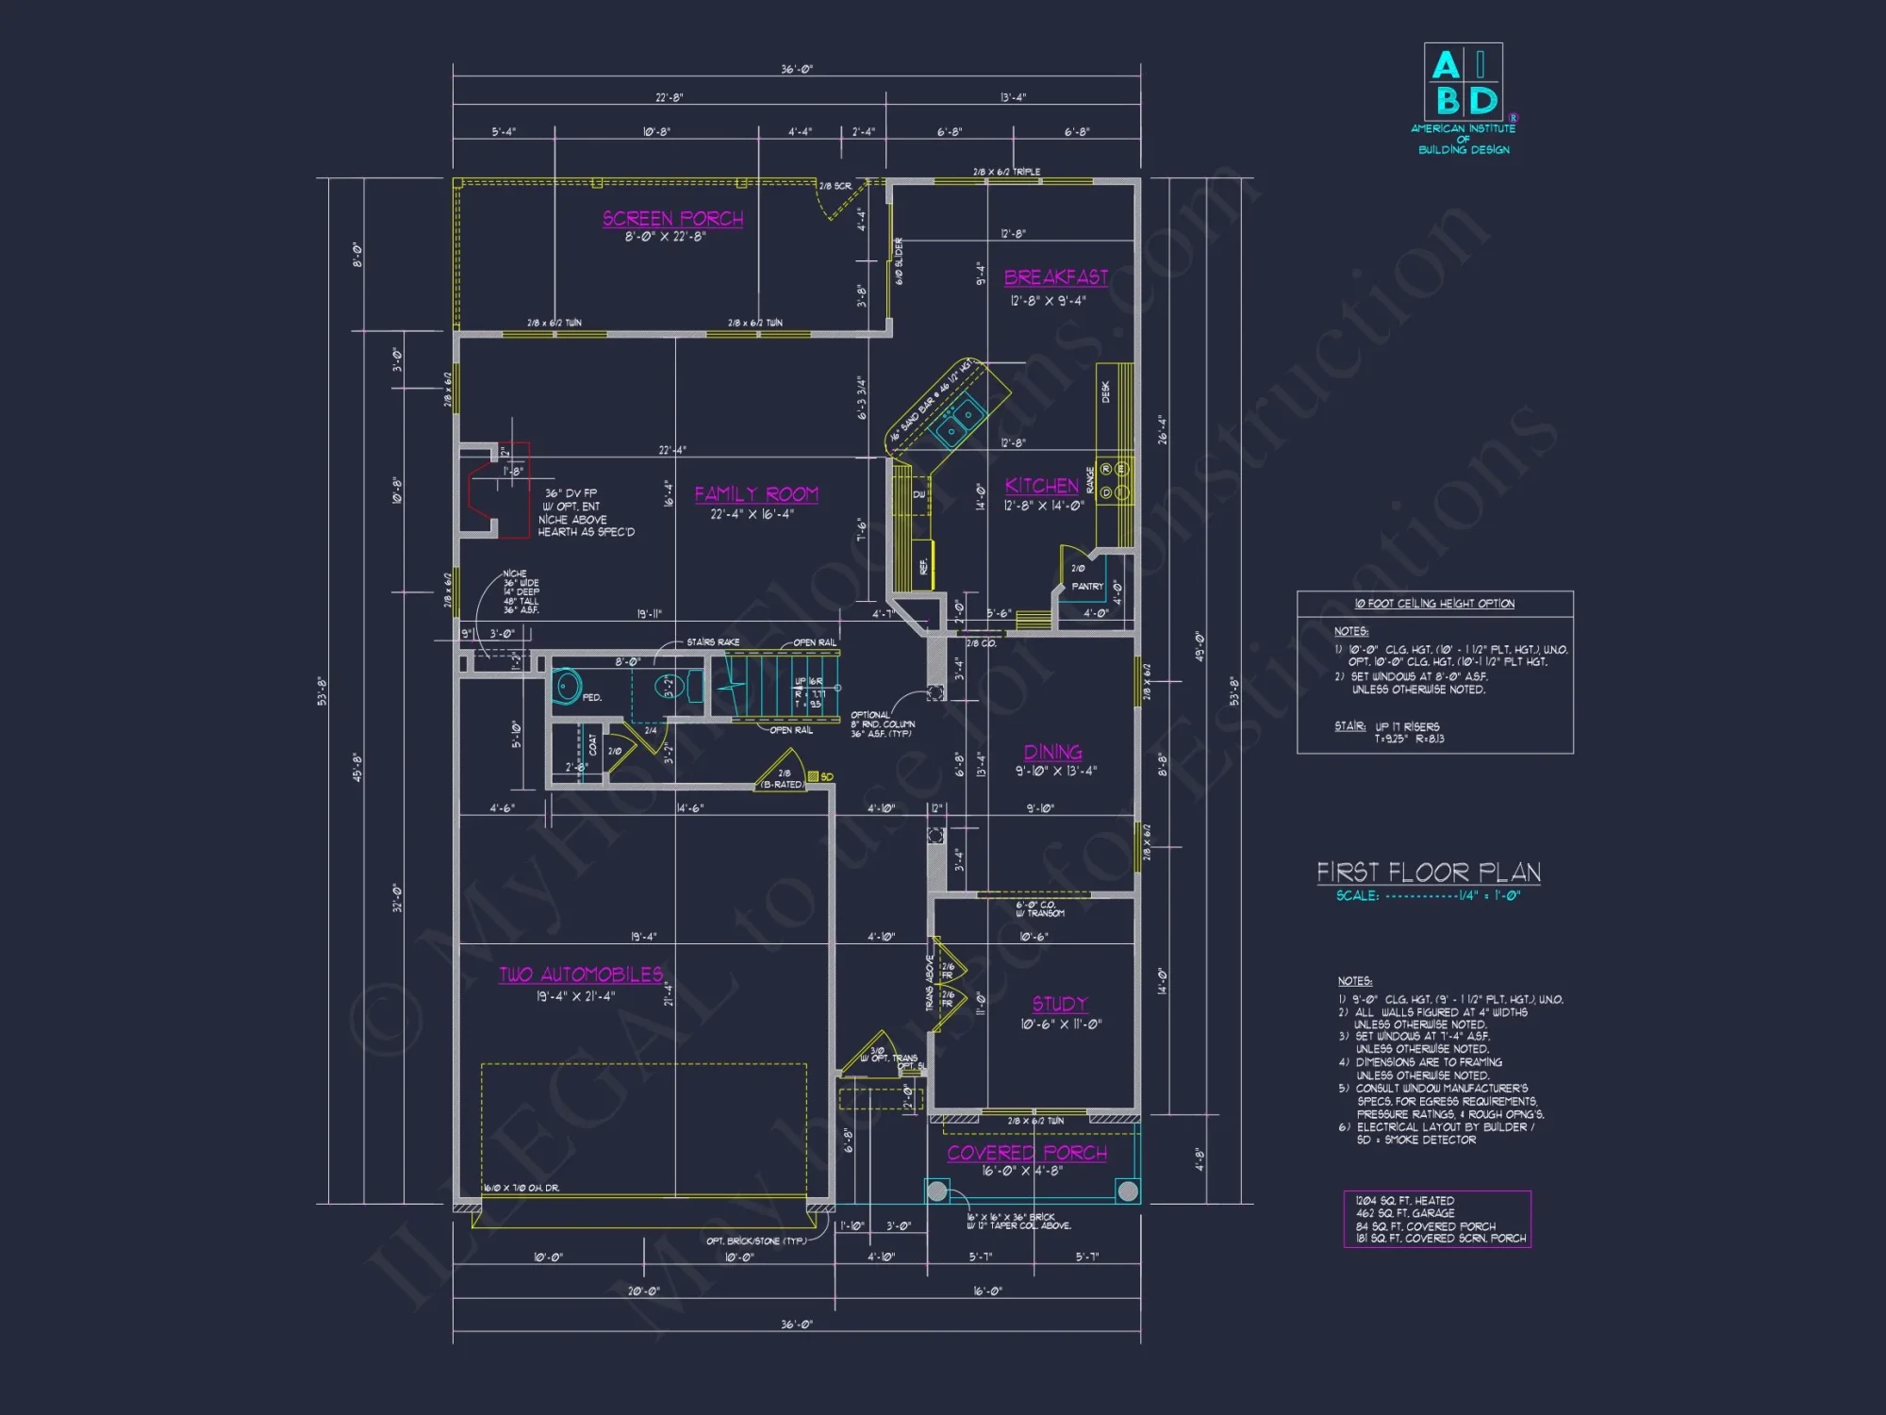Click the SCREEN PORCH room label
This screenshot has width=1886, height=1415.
[x=672, y=219]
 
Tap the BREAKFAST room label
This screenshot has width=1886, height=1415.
[x=1055, y=277]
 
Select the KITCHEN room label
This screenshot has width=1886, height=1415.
[x=1041, y=486]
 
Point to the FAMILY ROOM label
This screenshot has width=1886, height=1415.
[x=756, y=494]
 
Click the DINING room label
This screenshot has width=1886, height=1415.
[x=1052, y=752]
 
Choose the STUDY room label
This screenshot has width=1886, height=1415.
[x=1060, y=1004]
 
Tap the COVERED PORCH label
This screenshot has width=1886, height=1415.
[x=1027, y=1153]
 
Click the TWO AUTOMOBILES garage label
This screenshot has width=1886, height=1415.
[x=581, y=974]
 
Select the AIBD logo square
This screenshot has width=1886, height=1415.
[x=1463, y=82]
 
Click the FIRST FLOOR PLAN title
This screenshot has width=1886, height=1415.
[x=1429, y=873]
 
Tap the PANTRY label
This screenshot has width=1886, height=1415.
[x=1087, y=586]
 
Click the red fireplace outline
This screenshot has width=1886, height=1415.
[x=498, y=491]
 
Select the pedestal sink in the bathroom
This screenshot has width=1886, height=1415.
[x=567, y=687]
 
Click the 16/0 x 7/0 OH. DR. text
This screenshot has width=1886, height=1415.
[x=521, y=1188]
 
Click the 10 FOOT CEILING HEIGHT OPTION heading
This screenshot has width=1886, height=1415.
[x=1434, y=604]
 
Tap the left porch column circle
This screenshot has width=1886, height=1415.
[x=937, y=1191]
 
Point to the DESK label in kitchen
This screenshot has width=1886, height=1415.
[x=1106, y=391]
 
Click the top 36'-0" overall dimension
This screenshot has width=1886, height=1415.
[x=796, y=70]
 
